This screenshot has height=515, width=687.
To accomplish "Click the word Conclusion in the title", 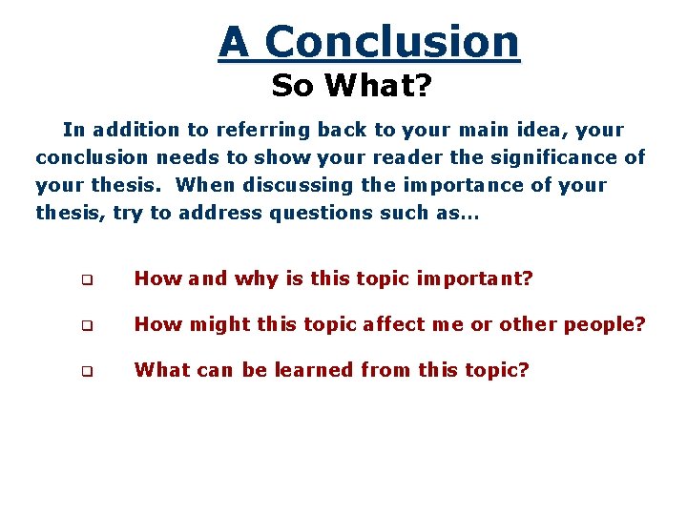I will (392, 43).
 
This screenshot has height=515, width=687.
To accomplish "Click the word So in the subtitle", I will (293, 87).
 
